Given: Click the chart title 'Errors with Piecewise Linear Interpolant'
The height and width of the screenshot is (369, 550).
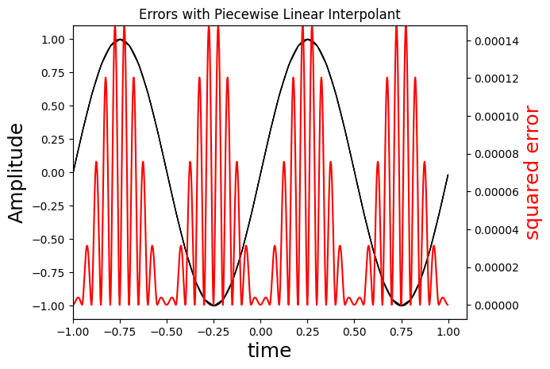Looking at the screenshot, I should [x=269, y=14].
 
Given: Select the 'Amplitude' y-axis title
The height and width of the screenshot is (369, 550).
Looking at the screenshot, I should [x=17, y=173].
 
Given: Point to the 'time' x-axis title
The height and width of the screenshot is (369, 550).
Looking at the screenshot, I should [x=269, y=351].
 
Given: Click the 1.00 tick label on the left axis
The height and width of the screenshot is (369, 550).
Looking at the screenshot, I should [x=52, y=40].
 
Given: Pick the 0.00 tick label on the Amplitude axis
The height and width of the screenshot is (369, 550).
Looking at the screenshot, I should [x=52, y=173].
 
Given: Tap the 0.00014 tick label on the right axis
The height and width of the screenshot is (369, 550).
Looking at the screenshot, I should [x=497, y=40].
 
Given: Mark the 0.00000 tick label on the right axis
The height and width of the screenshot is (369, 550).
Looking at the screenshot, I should [x=497, y=306].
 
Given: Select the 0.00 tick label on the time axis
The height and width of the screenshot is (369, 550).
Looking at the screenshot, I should [x=260, y=329].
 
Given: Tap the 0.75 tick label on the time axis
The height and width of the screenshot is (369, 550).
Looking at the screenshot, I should [x=402, y=329].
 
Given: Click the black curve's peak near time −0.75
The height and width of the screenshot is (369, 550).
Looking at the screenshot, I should [x=120, y=40].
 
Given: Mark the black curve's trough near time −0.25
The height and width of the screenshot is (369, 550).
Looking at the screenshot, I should [x=213, y=305].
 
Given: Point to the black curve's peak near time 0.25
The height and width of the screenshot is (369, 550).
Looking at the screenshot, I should [x=307, y=40].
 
